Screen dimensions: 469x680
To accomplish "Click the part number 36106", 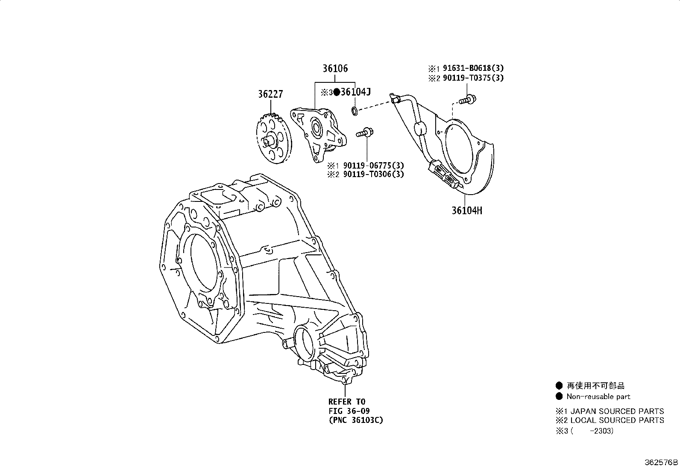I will [x=335, y=68].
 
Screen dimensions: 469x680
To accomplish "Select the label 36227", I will [x=270, y=94].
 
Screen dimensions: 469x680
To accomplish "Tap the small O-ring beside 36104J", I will [x=355, y=112].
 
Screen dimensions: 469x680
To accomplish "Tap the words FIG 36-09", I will [x=349, y=411].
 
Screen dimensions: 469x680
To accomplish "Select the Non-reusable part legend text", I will [x=598, y=396].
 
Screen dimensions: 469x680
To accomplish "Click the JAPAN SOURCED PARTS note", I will [x=617, y=411].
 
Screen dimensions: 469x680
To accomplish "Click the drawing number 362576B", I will [x=661, y=463].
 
